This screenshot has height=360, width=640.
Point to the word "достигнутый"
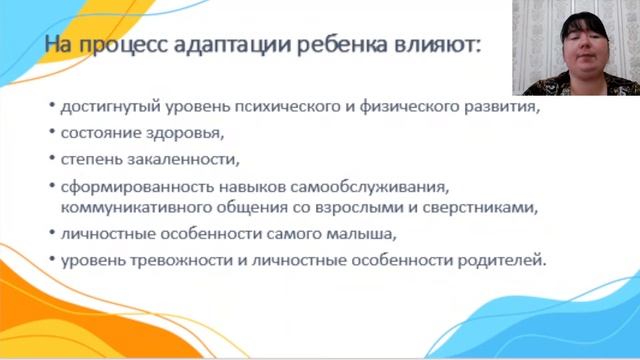point(105,107)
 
